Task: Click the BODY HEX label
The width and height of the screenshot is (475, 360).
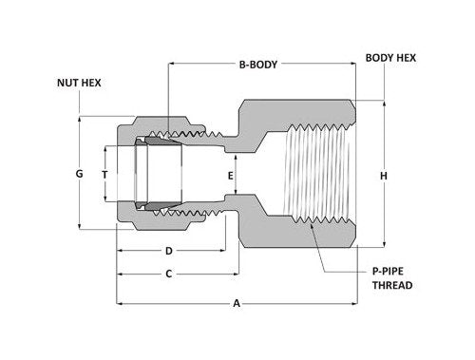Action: tap(390, 57)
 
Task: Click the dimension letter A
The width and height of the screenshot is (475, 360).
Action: tap(237, 304)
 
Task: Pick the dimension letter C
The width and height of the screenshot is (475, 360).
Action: tap(168, 274)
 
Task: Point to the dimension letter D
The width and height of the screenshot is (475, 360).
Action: tap(168, 251)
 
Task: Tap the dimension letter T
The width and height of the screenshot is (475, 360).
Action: tap(104, 175)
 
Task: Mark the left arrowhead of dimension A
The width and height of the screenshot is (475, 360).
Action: tap(120, 304)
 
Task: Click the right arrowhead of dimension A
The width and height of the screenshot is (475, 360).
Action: tap(354, 304)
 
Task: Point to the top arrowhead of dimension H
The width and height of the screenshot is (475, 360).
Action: tap(383, 103)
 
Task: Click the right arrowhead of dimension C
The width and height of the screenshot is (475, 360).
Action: tap(232, 274)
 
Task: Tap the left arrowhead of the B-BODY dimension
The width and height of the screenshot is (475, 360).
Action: tap(172, 66)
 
